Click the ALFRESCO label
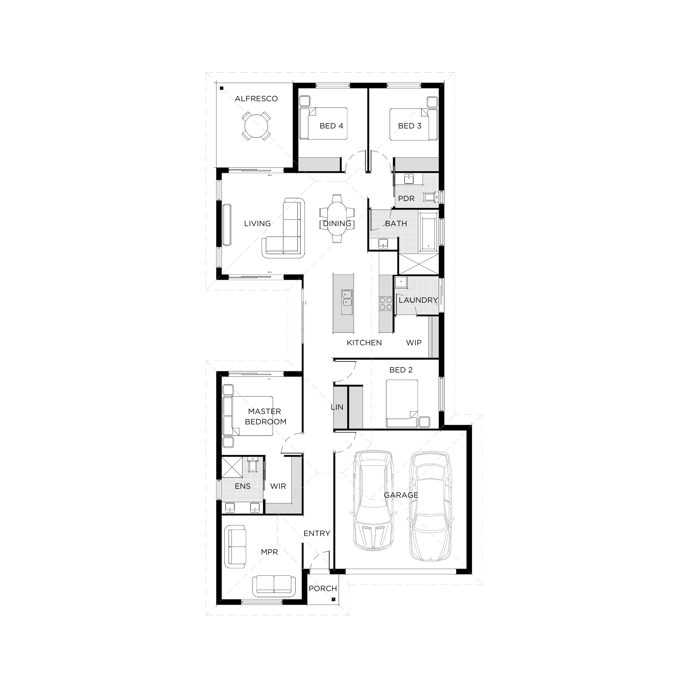click(256, 99)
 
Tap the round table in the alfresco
click(256, 126)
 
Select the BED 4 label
click(331, 126)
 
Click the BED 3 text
click(410, 126)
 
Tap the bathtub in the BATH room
click(428, 230)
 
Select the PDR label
click(406, 199)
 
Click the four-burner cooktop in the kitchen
click(386, 303)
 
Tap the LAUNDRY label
click(418, 300)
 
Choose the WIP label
click(414, 343)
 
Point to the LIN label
click(337, 407)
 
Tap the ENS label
click(243, 486)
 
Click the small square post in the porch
click(333, 600)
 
